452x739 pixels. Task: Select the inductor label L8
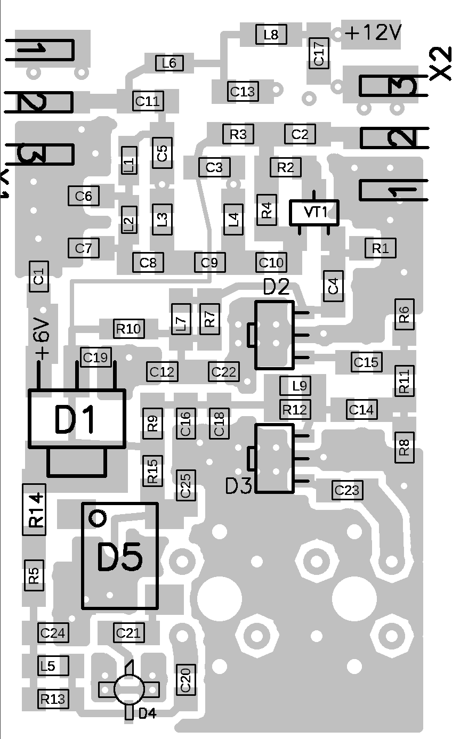click(271, 35)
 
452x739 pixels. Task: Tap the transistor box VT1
click(314, 212)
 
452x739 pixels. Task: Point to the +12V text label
click(373, 33)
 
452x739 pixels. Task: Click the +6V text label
click(42, 339)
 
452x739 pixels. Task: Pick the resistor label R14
click(35, 510)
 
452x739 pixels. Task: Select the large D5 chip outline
click(120, 556)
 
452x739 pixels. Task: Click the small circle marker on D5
click(98, 517)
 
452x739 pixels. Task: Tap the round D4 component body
click(129, 689)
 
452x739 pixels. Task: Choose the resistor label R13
click(53, 699)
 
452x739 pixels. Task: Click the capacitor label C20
click(185, 680)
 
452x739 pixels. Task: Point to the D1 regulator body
click(77, 419)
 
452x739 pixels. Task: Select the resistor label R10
click(128, 329)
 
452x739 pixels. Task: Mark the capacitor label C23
click(347, 490)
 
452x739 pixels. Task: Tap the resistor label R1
click(381, 248)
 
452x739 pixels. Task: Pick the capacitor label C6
click(84, 196)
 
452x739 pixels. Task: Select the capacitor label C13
click(243, 92)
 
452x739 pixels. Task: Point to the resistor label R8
click(405, 446)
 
